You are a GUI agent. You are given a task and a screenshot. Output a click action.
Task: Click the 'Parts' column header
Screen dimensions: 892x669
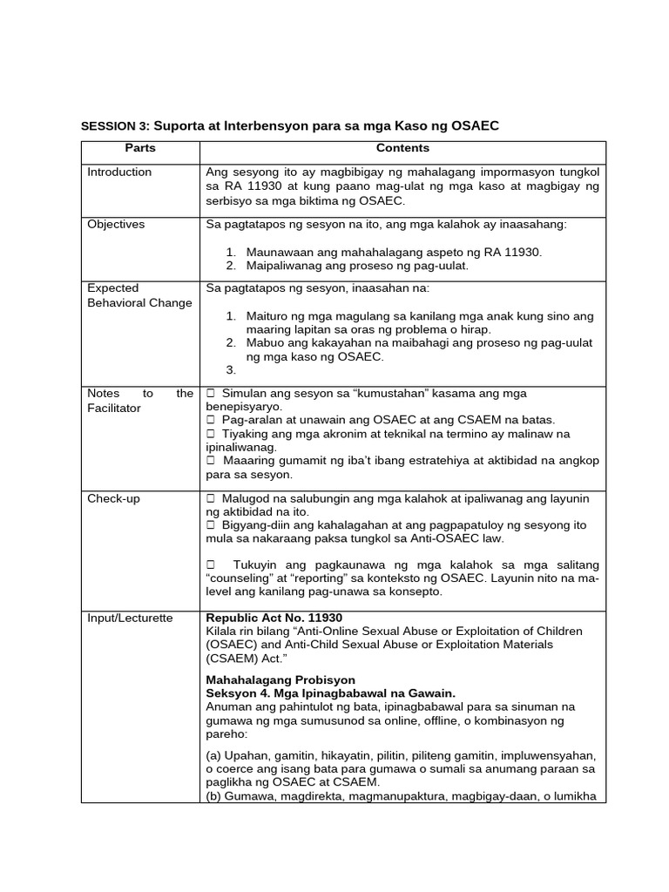139,149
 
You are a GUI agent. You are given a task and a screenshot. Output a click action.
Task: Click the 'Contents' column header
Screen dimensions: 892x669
402,149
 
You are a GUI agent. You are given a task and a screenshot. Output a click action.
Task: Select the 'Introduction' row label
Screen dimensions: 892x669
119,172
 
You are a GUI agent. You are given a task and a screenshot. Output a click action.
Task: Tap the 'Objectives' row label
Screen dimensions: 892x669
116,224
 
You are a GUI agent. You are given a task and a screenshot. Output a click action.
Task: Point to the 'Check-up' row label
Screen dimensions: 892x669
113,498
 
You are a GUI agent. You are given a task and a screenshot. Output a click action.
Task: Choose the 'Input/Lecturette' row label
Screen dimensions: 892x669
130,618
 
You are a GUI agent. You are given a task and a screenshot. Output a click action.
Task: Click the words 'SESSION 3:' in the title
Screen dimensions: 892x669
116,125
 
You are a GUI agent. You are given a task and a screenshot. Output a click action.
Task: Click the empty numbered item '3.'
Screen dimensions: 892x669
231,369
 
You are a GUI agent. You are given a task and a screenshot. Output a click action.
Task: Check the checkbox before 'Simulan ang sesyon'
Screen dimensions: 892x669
210,394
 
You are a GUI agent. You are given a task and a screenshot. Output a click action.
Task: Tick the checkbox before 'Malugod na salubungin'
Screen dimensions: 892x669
210,498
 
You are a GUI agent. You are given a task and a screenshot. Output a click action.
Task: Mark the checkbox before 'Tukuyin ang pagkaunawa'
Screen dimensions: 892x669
210,564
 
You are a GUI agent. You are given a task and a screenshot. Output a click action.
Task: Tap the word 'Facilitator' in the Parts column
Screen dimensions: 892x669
114,408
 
